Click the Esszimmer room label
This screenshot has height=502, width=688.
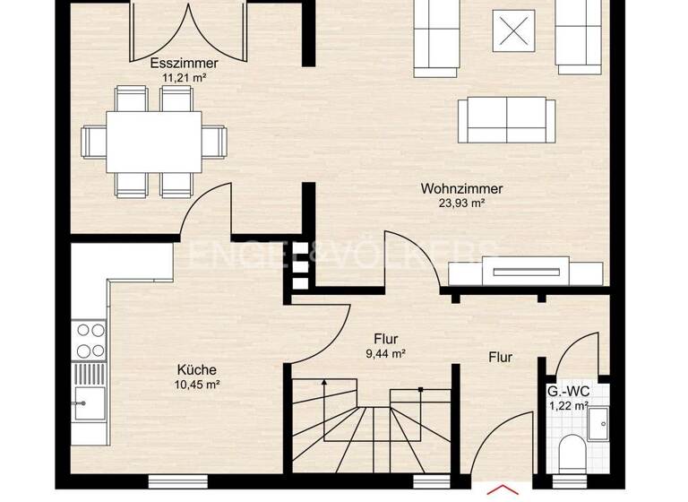click(185, 65)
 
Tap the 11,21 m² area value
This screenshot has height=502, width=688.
click(185, 78)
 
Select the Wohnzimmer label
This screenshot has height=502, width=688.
click(461, 189)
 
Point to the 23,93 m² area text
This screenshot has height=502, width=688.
click(461, 203)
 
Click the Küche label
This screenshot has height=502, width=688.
click(197, 369)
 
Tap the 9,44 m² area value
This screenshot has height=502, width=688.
click(386, 353)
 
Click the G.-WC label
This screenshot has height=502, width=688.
click(567, 391)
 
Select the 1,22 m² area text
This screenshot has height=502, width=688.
click(568, 406)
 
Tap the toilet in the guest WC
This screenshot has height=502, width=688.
click(571, 454)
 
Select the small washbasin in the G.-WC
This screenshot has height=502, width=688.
click(599, 417)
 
